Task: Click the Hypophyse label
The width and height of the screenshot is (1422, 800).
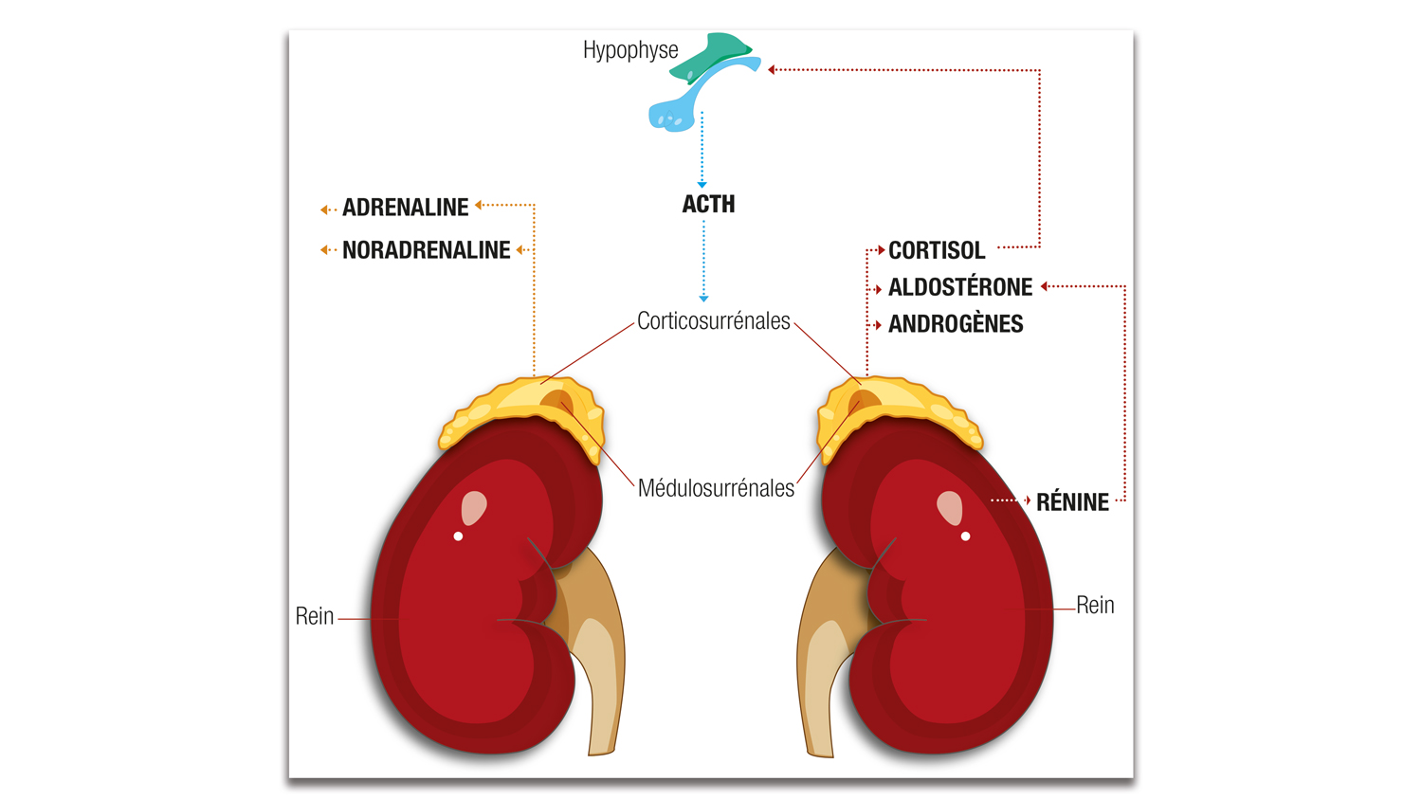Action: pos(630,50)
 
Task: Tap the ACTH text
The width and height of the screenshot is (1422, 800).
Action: pos(708,204)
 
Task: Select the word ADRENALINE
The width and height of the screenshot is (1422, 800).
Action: pos(405,208)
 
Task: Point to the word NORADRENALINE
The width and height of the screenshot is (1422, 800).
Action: pos(426,250)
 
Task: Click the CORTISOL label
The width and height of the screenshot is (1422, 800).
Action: pos(937,250)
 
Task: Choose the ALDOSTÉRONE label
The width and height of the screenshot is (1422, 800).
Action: pos(959,287)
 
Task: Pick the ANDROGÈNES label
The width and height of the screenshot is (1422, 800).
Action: pos(956,324)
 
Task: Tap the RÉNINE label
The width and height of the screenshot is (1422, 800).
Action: pos(1072,502)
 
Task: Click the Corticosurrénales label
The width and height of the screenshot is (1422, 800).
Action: pos(713,321)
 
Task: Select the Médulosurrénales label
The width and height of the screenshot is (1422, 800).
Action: pos(716,488)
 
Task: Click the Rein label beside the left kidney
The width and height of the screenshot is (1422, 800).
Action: pos(315,616)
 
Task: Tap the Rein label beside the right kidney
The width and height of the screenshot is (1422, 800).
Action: pos(1095,605)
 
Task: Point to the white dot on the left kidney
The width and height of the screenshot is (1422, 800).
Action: pos(459,536)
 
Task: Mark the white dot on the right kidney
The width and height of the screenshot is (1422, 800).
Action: pos(966,536)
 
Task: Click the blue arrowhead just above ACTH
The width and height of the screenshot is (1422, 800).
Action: pos(702,184)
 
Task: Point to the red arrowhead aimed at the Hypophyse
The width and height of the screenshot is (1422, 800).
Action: pos(773,69)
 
